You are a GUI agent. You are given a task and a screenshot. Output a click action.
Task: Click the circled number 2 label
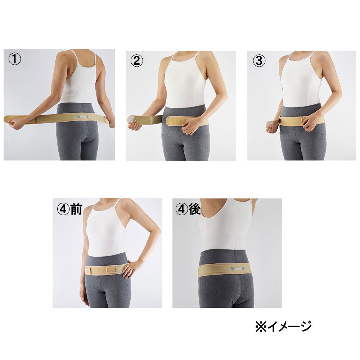tap(136, 60)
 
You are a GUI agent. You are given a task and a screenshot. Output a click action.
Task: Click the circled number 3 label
tap(258, 61)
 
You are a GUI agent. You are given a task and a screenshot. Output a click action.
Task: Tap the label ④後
tap(188, 209)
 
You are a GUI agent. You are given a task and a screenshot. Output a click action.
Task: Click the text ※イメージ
tap(283, 326)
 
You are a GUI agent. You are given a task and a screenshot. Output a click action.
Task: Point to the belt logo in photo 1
tap(83, 117)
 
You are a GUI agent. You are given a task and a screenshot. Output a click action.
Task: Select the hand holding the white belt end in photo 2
tap(134, 125)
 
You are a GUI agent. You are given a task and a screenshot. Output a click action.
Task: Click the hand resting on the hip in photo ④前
tap(132, 268)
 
